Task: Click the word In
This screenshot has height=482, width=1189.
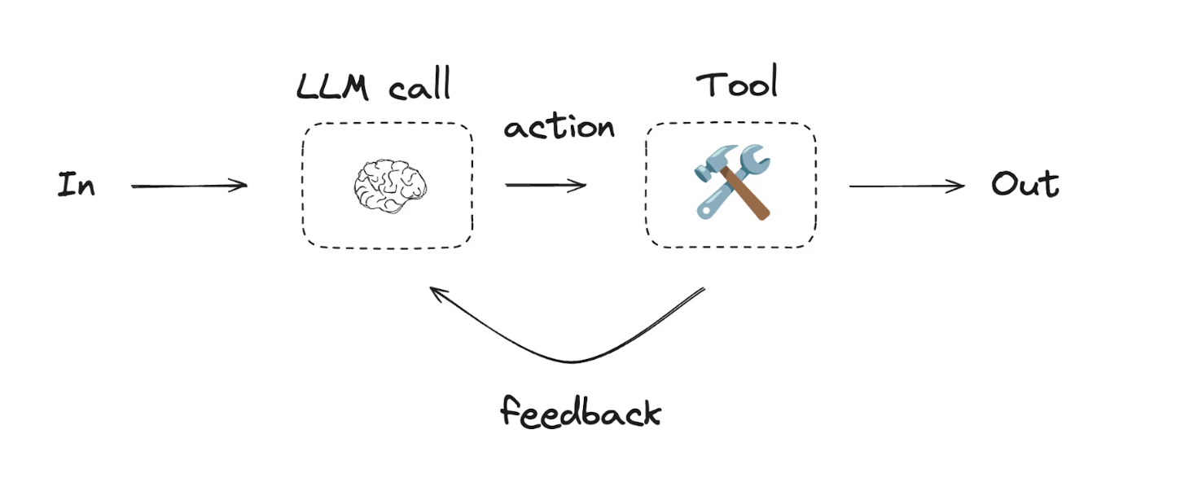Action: pos(76,186)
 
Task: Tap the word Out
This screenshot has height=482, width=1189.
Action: pos(1024,185)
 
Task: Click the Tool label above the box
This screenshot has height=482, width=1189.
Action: pos(736,84)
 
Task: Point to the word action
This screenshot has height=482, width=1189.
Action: pos(559,128)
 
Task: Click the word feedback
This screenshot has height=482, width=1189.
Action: pos(580,412)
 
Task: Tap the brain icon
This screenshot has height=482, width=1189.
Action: pos(390,186)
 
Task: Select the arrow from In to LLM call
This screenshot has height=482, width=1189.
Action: pos(189,186)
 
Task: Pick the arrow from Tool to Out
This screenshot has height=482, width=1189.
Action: pos(906,186)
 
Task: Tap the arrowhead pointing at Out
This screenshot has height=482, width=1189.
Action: pos(959,186)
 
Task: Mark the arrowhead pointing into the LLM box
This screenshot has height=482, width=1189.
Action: pos(242,186)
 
